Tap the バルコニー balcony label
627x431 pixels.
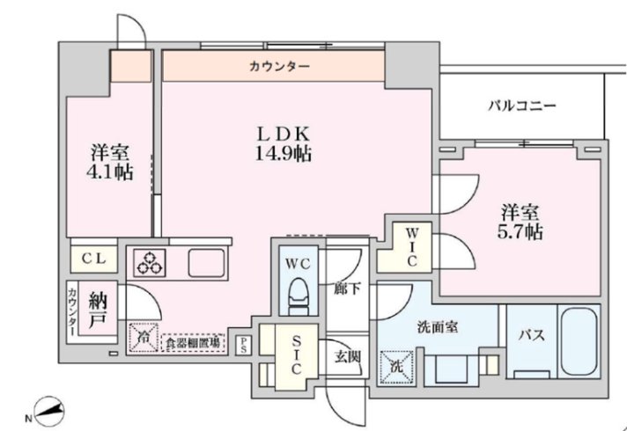(x=523, y=106)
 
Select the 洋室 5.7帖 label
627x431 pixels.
(x=521, y=222)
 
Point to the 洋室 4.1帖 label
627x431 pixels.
(x=110, y=161)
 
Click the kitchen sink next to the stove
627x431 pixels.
(x=208, y=262)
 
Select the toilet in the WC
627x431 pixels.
(x=299, y=295)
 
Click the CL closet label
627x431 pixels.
(x=94, y=259)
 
